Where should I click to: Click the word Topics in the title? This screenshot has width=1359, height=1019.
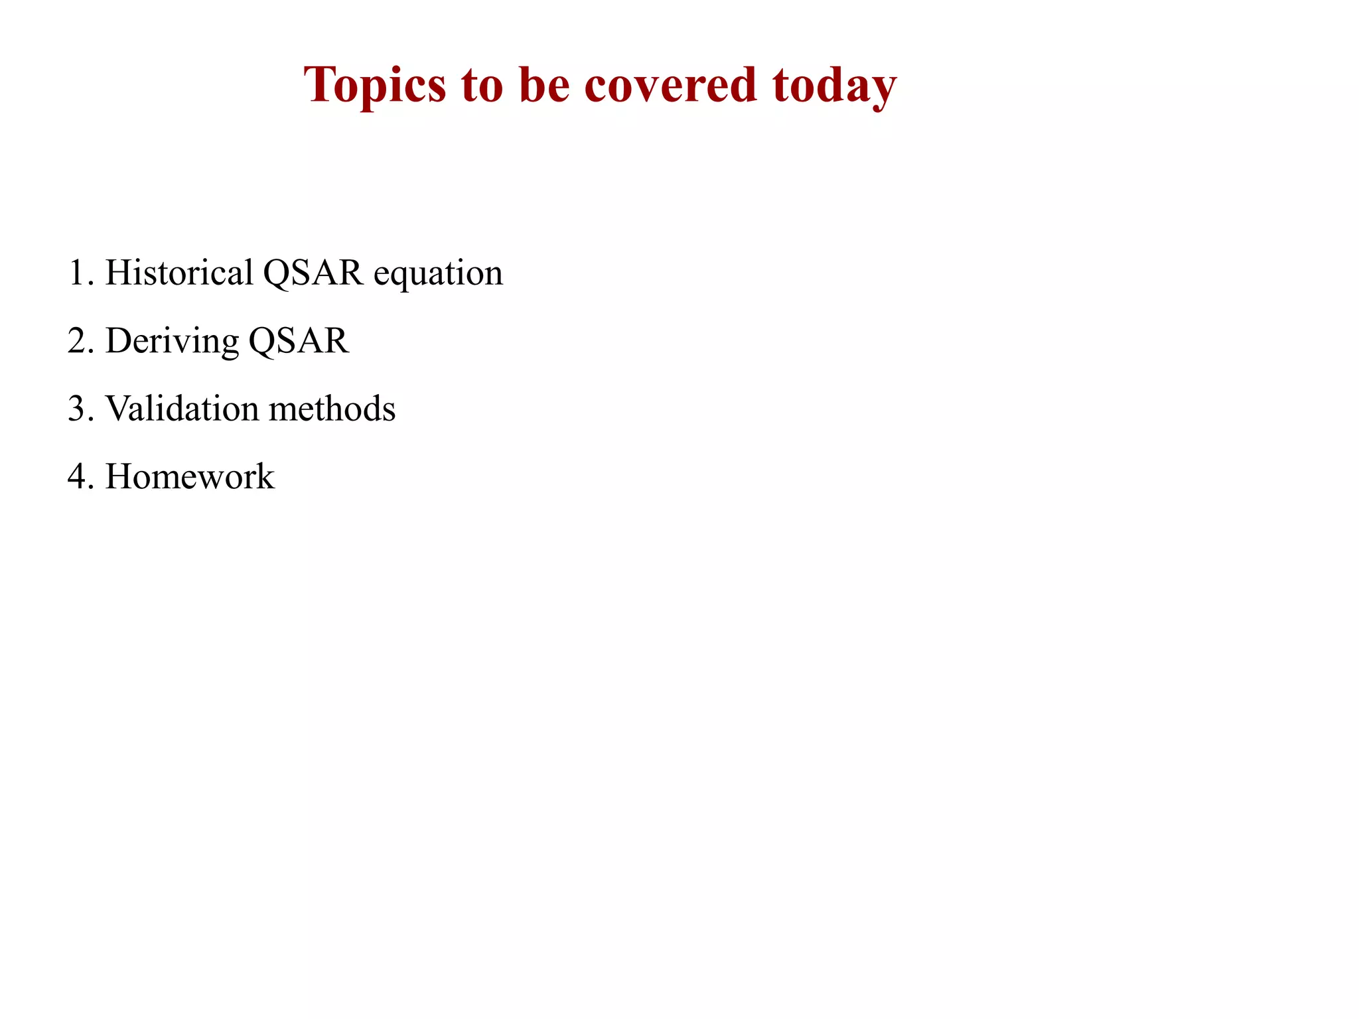375,86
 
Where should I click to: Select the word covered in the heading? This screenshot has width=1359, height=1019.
670,86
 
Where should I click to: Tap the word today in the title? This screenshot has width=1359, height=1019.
834,86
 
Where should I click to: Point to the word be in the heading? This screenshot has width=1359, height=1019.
544,86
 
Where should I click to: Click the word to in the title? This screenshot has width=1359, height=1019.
482,86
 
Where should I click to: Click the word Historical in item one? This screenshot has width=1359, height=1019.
179,273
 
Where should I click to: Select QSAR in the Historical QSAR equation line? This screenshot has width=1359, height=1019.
313,273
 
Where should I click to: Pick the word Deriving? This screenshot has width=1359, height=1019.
172,341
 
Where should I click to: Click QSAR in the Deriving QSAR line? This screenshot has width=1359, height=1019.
299,341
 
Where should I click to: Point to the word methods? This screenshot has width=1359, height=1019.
332,409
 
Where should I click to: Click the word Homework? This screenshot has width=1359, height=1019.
190,476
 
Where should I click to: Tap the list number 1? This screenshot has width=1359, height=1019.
77,273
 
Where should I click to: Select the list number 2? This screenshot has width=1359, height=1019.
77,341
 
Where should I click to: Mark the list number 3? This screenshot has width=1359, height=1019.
77,409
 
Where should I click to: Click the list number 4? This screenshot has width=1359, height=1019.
77,476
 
